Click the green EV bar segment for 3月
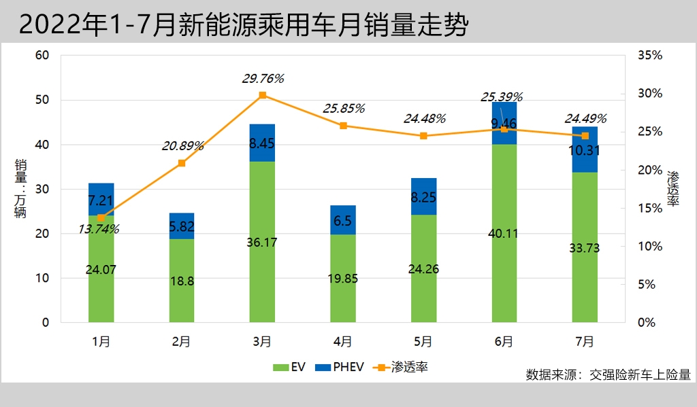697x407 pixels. coord(262,241)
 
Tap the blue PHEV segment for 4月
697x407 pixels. coord(342,219)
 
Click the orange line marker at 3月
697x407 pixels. coord(263,95)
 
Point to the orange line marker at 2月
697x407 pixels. coord(182,163)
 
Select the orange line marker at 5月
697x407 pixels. coord(423,136)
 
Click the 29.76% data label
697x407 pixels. coord(263,79)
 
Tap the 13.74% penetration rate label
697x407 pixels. coord(99,230)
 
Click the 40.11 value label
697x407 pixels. coord(504,234)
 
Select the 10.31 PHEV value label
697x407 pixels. coord(584,151)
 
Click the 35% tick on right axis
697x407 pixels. coord(650,56)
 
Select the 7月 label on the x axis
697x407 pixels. coord(584,341)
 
